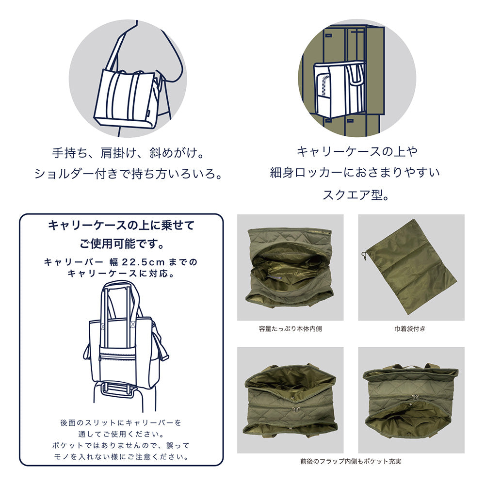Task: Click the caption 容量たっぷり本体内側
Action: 290,329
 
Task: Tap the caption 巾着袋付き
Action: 411,329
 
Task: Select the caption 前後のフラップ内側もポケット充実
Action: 351,461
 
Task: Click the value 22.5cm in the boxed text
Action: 144,262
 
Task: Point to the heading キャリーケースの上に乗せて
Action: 121,226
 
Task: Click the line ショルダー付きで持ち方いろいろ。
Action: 128,174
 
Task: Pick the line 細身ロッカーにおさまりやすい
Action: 355,173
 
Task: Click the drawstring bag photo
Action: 411,267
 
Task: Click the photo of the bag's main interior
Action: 290,267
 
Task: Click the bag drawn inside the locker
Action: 338,88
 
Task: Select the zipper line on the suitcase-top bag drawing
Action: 124,357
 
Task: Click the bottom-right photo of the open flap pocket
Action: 411,400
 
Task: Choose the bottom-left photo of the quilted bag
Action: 290,400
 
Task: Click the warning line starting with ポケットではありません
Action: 121,445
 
